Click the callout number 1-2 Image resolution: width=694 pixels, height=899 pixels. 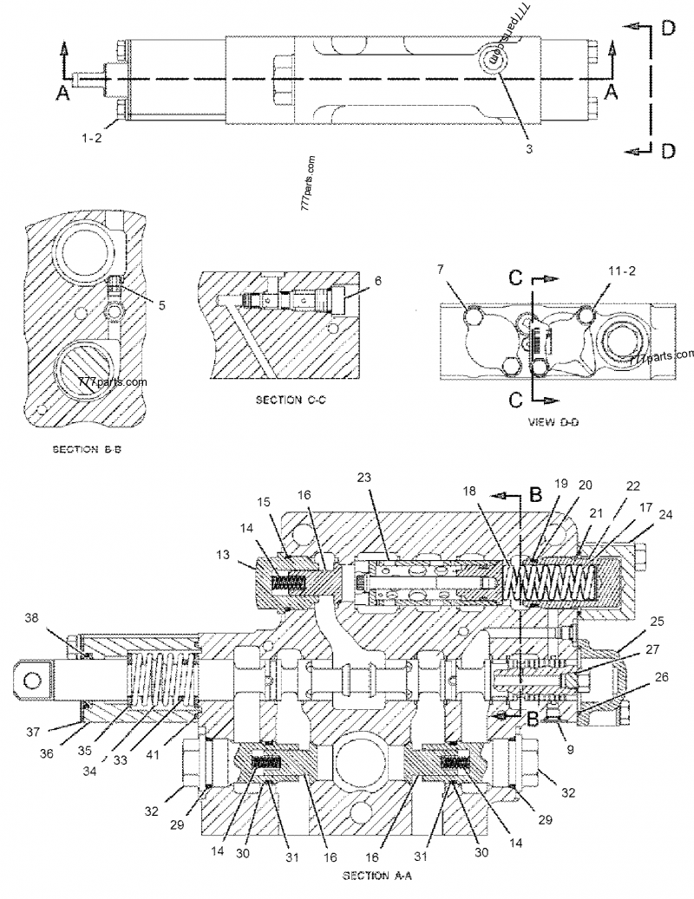tap(91, 137)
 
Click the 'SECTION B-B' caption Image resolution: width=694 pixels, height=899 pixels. tap(92, 450)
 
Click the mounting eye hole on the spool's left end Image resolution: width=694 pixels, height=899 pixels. tap(34, 674)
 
